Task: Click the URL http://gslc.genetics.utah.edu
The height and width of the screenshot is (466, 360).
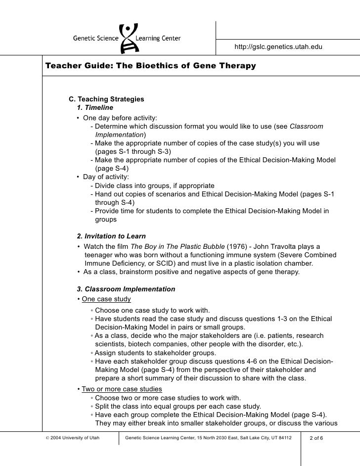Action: tap(278, 47)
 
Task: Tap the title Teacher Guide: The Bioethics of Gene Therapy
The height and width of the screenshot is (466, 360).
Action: tap(150, 65)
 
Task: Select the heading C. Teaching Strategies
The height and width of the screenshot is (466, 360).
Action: tap(106, 99)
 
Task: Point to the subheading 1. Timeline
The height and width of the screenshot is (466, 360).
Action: tap(95, 107)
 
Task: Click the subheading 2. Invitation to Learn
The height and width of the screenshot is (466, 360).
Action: tap(111, 236)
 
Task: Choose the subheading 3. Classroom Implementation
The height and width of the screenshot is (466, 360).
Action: tap(126, 289)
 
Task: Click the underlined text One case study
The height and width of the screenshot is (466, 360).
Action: tap(106, 299)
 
